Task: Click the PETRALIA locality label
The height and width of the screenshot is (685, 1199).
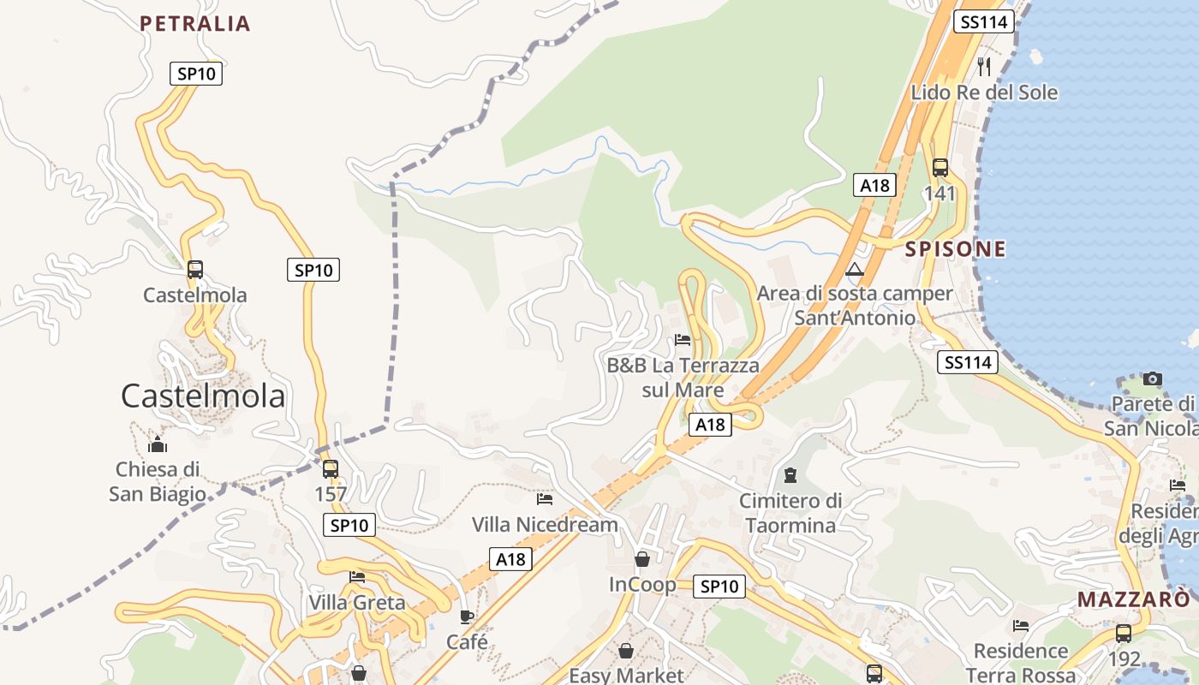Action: click(194, 23)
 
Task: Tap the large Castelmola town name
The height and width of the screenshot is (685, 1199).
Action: click(202, 396)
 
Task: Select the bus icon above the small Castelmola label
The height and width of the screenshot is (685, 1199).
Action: click(195, 269)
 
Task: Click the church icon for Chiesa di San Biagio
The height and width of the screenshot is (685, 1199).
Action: click(158, 444)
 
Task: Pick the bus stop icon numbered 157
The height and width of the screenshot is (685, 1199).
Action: click(331, 469)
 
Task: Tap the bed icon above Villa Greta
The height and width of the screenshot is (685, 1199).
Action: click(357, 577)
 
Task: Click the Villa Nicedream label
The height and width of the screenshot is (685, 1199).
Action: click(545, 524)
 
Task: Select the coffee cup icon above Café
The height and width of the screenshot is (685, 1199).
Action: click(467, 616)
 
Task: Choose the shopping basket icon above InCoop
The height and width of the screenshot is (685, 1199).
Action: click(642, 559)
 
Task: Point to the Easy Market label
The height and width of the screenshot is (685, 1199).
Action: click(627, 675)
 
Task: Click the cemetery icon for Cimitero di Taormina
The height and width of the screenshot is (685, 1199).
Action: click(790, 474)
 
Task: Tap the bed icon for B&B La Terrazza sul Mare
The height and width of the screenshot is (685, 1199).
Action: click(683, 340)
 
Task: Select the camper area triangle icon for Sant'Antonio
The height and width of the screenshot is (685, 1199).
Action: click(854, 270)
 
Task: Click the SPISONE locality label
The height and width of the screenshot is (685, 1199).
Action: click(955, 249)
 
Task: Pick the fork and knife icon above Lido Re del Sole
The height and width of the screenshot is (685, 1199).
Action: click(984, 66)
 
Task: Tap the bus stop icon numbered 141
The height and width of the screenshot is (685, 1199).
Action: click(940, 168)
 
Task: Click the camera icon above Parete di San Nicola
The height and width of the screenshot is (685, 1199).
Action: click(1153, 378)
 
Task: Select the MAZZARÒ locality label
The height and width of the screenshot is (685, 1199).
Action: click(1134, 599)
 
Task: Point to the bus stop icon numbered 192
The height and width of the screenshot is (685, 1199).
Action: click(1123, 634)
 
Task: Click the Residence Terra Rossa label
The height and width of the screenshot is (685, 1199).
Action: click(1021, 663)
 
